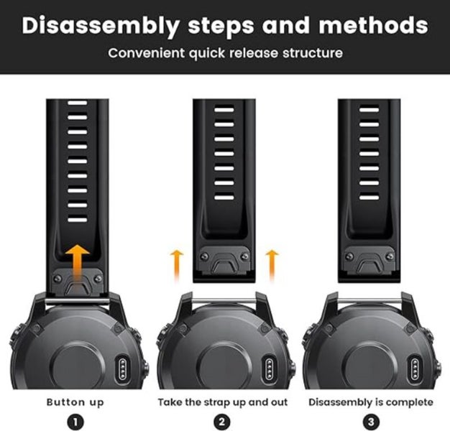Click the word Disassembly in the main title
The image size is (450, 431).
101,26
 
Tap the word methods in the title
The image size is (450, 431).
373,25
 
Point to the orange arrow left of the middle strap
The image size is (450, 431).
177,265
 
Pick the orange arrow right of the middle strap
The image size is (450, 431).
272,265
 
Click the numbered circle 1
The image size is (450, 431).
75,422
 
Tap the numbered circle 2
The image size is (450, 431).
222,422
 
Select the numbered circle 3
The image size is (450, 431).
371,422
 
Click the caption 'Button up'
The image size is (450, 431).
75,402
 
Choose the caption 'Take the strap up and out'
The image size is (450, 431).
223,402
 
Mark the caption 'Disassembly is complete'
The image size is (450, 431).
371,402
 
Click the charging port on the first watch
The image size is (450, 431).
122,369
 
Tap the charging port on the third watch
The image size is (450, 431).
415,369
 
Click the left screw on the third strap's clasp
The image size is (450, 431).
349,256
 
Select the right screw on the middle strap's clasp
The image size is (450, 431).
245,256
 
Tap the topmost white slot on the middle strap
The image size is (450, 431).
224,110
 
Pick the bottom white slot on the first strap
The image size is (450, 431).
78,220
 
